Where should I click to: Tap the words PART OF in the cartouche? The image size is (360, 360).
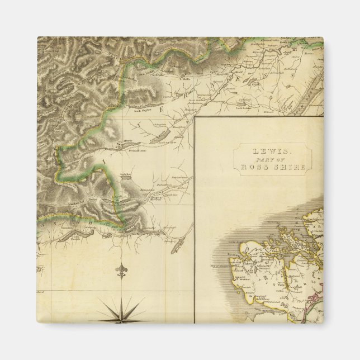pyautogui.click(x=271, y=159)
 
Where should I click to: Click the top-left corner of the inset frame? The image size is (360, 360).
pyautogui.click(x=195, y=117)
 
